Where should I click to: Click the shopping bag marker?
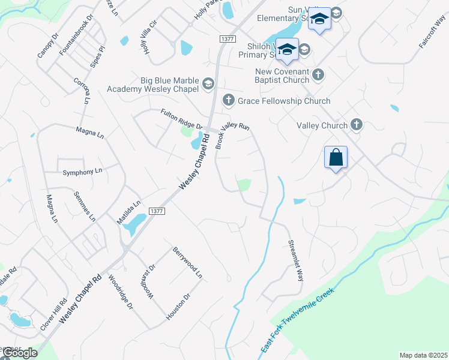tap(336, 158)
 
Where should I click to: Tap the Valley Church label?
tap(322, 125)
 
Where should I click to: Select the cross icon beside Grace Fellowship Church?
tap(228, 100)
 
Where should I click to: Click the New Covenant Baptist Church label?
tap(282, 76)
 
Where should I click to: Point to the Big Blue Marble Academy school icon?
tap(208, 83)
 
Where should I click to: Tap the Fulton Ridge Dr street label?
tap(181, 118)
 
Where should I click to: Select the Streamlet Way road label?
tap(296, 261)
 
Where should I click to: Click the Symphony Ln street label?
tap(83, 172)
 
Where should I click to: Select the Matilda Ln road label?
tap(128, 212)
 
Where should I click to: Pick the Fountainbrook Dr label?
tap(70, 40)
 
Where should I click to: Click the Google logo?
tap(19, 353)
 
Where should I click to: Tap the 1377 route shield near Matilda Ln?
tap(156, 211)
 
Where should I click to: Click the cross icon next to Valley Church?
tap(357, 125)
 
